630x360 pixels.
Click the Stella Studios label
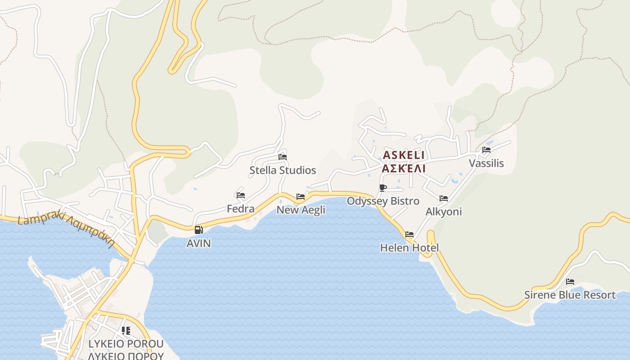click(x=283, y=171)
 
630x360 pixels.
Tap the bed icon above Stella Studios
click(x=283, y=157)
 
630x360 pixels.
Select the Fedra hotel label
click(x=240, y=209)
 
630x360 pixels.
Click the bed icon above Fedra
click(x=241, y=195)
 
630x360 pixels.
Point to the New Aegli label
click(x=301, y=210)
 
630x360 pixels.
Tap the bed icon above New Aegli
click(x=301, y=197)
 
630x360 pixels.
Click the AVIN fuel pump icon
click(x=198, y=230)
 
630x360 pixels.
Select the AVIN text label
click(x=198, y=243)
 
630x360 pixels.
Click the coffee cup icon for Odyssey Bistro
click(x=383, y=188)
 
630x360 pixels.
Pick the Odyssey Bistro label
click(x=383, y=201)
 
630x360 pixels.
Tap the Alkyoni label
click(x=444, y=212)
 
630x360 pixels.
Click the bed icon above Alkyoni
click(x=444, y=198)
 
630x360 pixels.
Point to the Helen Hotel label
click(x=409, y=248)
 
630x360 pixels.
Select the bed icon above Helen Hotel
click(x=409, y=234)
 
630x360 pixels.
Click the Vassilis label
click(x=486, y=163)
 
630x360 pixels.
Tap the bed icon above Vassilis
click(x=486, y=150)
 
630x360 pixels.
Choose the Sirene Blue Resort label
click(x=570, y=295)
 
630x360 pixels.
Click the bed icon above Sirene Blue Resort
click(x=570, y=282)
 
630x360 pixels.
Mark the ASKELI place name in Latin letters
click(x=404, y=155)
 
